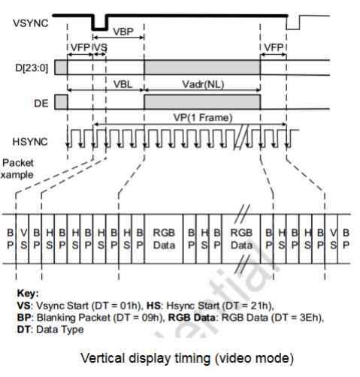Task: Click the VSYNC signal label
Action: (31, 23)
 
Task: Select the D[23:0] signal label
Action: (32, 68)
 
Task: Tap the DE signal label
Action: (41, 103)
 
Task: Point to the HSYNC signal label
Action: (30, 142)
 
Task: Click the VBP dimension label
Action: (123, 32)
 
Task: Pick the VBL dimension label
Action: (123, 84)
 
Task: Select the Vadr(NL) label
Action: (203, 84)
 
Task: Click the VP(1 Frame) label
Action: (203, 118)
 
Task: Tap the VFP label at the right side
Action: (274, 47)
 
